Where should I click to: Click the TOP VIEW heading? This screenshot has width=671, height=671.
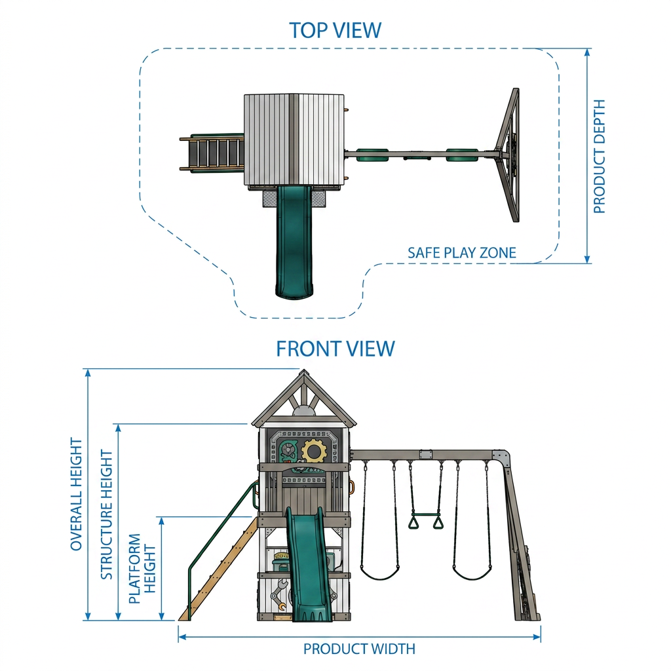[x=335, y=30]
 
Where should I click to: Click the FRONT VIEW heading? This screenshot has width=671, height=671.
[x=335, y=349]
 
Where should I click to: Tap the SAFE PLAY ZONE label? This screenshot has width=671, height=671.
[x=462, y=253]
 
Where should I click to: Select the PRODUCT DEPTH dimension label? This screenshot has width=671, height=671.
[x=599, y=157]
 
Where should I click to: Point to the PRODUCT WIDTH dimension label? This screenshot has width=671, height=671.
[x=360, y=649]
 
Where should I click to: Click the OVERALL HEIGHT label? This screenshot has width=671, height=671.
[x=76, y=494]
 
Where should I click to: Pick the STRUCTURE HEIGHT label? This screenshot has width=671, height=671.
[x=107, y=515]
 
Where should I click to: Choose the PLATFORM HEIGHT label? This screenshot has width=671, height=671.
[x=142, y=568]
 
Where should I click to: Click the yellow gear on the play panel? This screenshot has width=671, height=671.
[x=314, y=451]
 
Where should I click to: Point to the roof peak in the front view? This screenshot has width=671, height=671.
[x=304, y=371]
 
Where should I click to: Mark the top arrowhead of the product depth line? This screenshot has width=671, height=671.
[x=587, y=52]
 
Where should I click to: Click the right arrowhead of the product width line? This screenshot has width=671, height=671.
[x=537, y=637]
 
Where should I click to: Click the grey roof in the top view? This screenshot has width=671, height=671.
[x=294, y=140]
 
